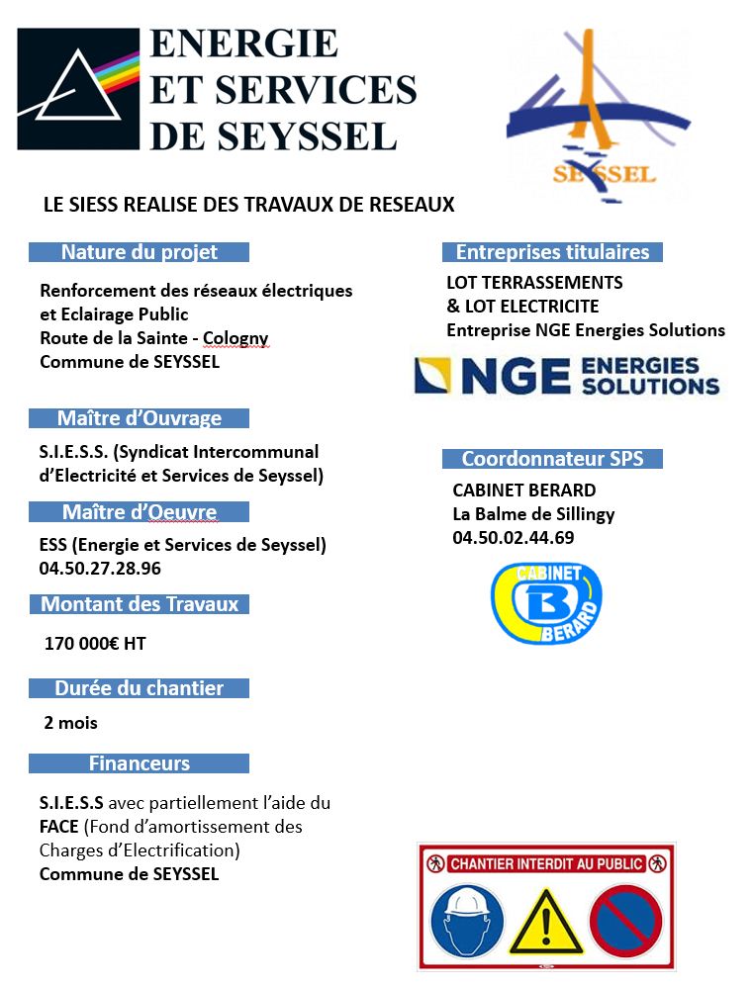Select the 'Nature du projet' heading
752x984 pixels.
coord(139,252)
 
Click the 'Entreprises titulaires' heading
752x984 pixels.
coord(552,252)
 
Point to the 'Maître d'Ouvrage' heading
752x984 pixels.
coord(139,418)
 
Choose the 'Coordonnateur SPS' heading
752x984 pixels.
coord(552,459)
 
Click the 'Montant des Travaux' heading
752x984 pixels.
coord(139,604)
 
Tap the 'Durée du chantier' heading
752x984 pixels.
coord(139,688)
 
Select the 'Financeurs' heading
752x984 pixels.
coord(139,763)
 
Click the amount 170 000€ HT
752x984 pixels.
coord(95,644)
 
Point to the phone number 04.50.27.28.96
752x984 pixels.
coord(100,569)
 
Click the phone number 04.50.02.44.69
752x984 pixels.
coord(513,538)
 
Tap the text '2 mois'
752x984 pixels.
coord(71,723)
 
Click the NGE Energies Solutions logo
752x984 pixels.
coord(568,376)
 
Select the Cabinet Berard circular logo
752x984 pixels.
coord(546,603)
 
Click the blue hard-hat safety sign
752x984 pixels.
coord(467,920)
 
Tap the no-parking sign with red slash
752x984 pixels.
coord(625,920)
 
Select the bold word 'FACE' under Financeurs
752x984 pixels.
coord(60,827)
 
